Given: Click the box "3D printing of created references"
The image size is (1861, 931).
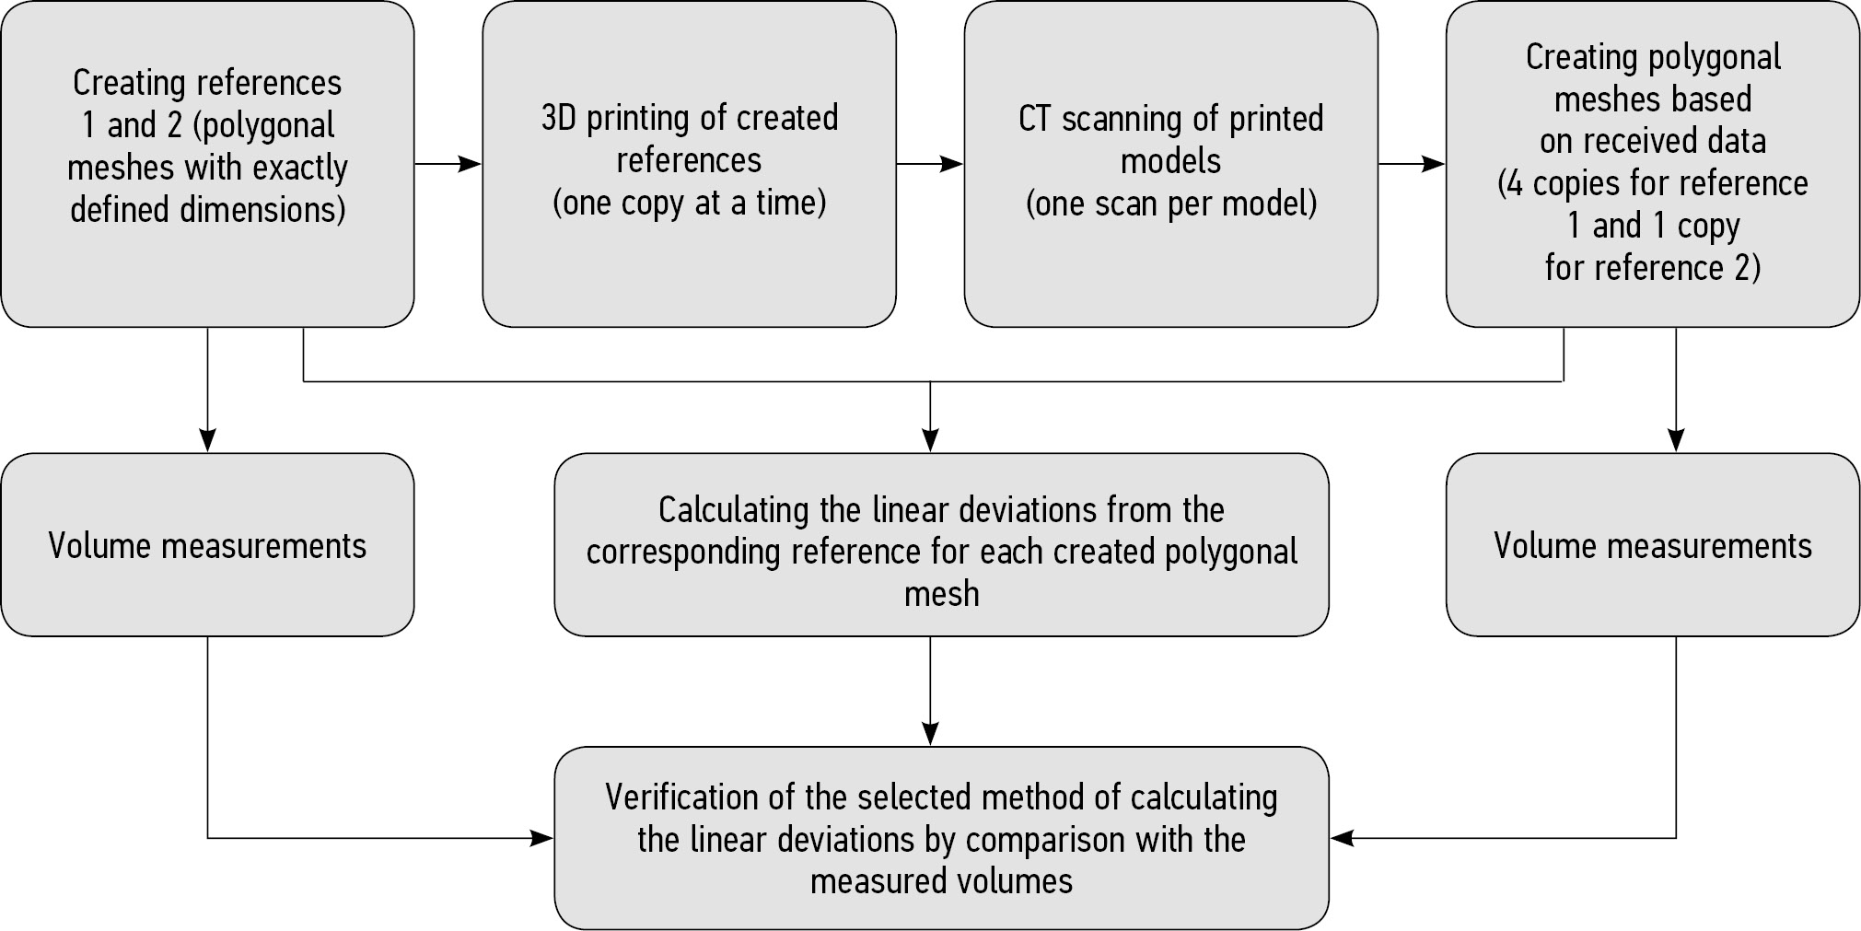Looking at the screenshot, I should (689, 164).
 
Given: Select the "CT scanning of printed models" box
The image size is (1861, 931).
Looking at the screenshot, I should (1170, 164).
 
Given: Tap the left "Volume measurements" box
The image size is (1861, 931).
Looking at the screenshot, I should (207, 544).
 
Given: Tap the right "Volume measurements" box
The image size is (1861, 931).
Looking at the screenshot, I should (1653, 544).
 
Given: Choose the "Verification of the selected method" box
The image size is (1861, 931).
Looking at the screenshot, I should (941, 837).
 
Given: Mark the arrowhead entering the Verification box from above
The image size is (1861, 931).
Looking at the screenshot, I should (930, 734).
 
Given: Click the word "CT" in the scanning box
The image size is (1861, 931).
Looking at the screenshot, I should (1035, 119).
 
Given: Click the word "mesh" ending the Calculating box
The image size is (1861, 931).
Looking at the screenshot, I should (941, 594).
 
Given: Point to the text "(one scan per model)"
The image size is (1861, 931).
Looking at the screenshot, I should (1170, 204).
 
